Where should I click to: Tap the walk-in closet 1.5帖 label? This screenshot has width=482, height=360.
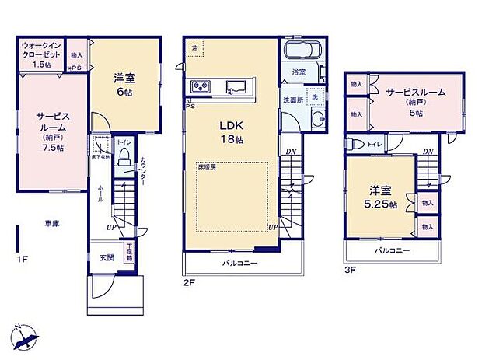pos(39,57)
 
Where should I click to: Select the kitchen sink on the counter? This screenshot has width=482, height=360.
pos(237,87)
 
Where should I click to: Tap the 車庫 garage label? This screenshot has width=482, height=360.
pos(51,222)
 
